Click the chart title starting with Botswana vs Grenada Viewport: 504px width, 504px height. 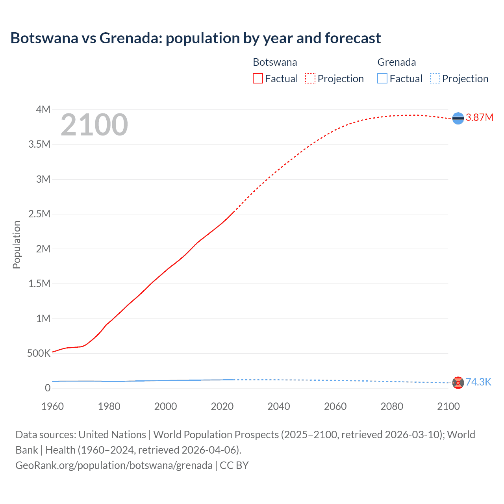tap(195, 38)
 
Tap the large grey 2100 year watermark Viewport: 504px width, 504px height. tap(94, 125)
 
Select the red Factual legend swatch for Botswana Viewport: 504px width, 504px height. tap(258, 78)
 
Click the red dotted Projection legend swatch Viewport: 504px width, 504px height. tap(310, 78)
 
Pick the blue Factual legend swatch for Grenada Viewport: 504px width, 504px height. tap(382, 78)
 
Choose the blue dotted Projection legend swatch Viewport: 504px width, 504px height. tap(435, 78)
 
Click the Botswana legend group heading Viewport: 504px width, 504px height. tap(275, 62)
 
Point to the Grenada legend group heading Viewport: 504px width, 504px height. tap(397, 62)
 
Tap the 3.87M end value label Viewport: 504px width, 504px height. tap(479, 118)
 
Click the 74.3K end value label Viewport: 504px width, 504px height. tap(478, 382)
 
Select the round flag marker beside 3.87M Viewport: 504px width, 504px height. tap(458, 118)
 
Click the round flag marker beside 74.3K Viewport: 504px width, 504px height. tap(458, 383)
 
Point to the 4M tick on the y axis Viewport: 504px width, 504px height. tap(43, 109)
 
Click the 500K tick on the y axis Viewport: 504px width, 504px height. tap(39, 353)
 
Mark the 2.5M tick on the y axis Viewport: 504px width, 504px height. tap(39, 214)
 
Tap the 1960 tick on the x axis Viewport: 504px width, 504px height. tap(52, 406)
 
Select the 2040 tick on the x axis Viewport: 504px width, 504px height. tap(279, 406)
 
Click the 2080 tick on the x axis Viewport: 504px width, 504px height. tap(392, 406)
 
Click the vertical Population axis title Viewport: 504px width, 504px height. tap(17, 245)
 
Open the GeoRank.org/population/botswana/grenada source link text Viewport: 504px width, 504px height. tap(114, 465)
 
